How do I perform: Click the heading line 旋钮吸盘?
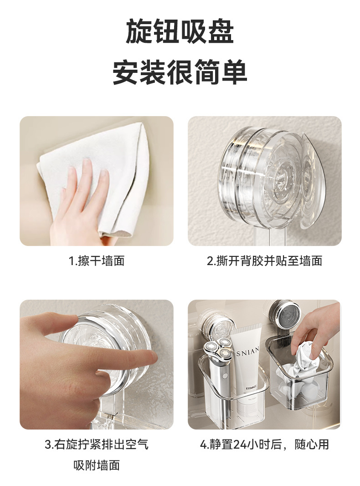180,31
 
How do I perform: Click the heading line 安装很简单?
180,72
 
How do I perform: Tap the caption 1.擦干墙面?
97,261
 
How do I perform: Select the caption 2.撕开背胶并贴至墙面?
264,261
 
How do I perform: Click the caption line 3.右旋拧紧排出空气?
97,445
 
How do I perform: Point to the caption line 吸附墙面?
97,465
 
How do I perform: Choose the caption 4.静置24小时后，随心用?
264,445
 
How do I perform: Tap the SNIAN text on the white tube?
247,352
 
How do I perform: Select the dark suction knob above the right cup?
285,314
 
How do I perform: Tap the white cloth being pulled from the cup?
301,359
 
